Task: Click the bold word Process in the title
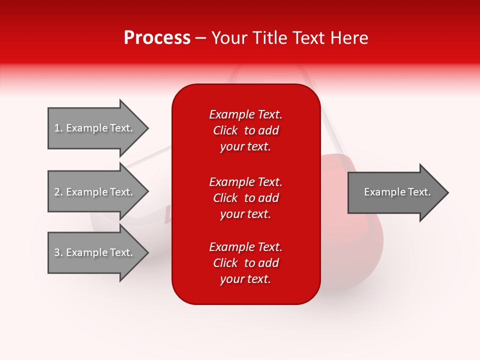pos(157,38)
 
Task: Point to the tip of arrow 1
pos(147,128)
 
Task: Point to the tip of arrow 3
pos(147,252)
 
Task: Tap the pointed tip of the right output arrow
pos(447,192)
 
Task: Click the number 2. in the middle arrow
pos(58,192)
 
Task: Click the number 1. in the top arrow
pos(58,128)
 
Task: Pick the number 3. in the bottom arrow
pos(58,252)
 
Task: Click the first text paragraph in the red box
pos(245,130)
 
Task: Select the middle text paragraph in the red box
pos(245,198)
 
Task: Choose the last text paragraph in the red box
pos(245,263)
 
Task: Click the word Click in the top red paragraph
pos(225,130)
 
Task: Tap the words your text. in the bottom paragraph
pos(245,279)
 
